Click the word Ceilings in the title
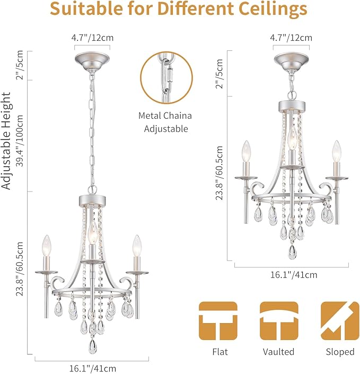(x=273, y=10)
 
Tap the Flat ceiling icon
(x=218, y=321)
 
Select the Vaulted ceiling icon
(x=279, y=321)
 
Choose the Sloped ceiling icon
(x=340, y=321)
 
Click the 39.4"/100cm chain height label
(x=20, y=141)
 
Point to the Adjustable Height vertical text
(x=6, y=141)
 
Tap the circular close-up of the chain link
(x=166, y=78)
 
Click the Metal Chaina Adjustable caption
(x=165, y=122)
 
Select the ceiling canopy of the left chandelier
(x=92, y=62)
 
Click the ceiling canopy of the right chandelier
(x=291, y=62)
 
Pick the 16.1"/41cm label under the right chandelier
(x=294, y=275)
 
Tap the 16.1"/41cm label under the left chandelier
(x=93, y=368)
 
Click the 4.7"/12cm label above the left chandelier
(x=92, y=38)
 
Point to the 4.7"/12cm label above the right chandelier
(x=291, y=38)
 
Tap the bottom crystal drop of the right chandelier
(x=292, y=252)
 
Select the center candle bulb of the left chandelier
(x=92, y=232)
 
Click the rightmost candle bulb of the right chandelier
(x=336, y=151)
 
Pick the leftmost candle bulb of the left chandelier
(x=47, y=246)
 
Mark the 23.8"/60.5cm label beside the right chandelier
(x=219, y=173)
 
